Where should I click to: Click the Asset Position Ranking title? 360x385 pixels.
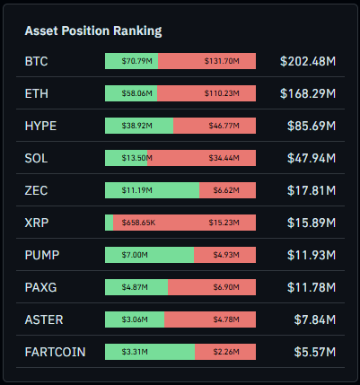tap(93, 31)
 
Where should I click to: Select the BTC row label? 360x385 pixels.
tap(38, 61)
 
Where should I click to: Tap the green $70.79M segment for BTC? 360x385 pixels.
tap(131, 61)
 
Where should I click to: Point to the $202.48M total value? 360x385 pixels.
tap(307, 61)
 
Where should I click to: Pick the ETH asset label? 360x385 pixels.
tap(37, 93)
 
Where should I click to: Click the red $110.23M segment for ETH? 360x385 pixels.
tap(206, 93)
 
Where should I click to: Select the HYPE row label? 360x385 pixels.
tap(40, 126)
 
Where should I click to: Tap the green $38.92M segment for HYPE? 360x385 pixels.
tap(139, 126)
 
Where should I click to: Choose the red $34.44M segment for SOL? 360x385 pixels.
tap(201, 158)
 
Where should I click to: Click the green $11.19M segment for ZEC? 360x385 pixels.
tap(152, 190)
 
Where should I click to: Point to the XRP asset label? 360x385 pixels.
tap(37, 223)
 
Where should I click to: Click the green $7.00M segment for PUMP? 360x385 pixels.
tap(149, 255)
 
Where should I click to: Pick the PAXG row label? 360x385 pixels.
tap(40, 287)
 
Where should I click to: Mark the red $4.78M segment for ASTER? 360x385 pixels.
tap(210, 319)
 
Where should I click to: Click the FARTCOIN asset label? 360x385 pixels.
tap(55, 352)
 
